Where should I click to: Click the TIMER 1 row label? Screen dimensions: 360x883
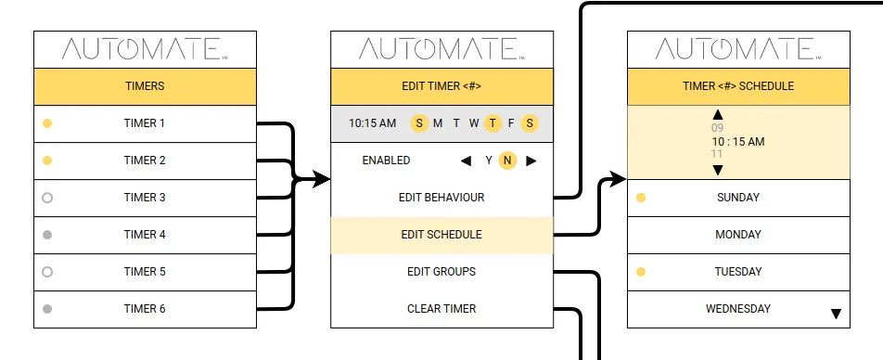(145, 123)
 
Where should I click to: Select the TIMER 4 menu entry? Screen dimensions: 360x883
(145, 235)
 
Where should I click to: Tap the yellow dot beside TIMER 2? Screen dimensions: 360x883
(47, 161)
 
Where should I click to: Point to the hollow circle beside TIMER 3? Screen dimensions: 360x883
(47, 198)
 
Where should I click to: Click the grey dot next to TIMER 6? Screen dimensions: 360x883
(47, 309)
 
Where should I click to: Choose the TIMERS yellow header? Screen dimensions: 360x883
(145, 86)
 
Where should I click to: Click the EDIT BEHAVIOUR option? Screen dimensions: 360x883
(441, 198)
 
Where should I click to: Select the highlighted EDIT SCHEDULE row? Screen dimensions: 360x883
(441, 235)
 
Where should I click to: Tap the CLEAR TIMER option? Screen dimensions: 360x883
(441, 309)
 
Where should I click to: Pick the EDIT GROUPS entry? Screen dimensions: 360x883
(441, 272)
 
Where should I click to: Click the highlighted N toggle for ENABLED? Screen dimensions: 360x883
(507, 161)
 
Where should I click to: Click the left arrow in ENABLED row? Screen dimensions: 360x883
(466, 161)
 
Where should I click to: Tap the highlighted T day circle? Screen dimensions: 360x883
(493, 122)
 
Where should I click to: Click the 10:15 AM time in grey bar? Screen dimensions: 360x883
(372, 122)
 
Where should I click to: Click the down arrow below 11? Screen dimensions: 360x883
(717, 170)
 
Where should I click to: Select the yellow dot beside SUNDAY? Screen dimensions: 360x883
(641, 198)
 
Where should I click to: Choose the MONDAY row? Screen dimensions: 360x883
(738, 235)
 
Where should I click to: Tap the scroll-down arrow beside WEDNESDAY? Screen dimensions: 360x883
(836, 315)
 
